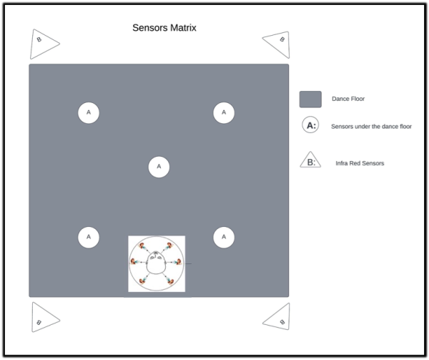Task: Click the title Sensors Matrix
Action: pos(164,28)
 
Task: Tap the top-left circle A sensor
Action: pos(89,112)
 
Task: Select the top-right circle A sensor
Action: pos(224,112)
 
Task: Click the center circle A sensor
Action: pos(159,167)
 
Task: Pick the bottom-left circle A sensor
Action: pos(89,237)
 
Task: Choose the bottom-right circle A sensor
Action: pos(224,237)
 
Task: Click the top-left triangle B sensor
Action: pos(42,44)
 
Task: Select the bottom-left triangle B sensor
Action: pos(43,318)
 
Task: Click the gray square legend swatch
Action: pos(310,99)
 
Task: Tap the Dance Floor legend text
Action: pos(348,99)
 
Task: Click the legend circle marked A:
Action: pos(310,125)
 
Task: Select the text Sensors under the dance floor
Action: pos(371,127)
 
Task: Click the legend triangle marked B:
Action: pos(310,160)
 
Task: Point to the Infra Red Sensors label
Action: pos(360,163)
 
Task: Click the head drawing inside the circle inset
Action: pos(156,263)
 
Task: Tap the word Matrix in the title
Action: pos(183,28)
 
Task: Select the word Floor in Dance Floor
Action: pos(357,99)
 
